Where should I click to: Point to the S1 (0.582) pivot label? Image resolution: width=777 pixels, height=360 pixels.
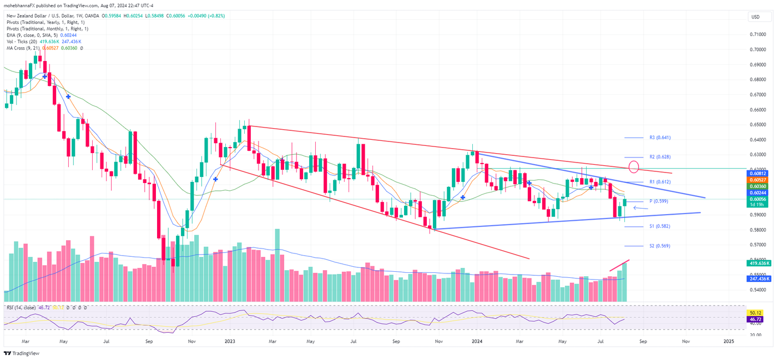click(660, 226)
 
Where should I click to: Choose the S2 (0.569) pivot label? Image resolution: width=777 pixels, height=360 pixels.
click(660, 246)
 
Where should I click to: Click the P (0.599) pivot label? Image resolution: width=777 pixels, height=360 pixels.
click(659, 201)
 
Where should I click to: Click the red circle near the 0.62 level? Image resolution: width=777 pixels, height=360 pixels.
click(635, 166)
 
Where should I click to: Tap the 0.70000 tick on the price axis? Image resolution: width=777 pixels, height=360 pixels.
click(759, 49)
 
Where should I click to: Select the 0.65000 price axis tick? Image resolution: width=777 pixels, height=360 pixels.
click(759, 125)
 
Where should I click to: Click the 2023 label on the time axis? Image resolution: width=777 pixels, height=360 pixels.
click(230, 342)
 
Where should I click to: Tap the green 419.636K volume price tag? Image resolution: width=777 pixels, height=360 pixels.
click(758, 264)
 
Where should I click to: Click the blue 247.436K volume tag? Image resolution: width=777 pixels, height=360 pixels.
click(758, 279)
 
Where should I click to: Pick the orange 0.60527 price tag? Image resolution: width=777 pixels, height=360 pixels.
click(758, 180)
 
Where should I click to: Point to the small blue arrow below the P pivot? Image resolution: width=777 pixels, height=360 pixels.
click(640, 209)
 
